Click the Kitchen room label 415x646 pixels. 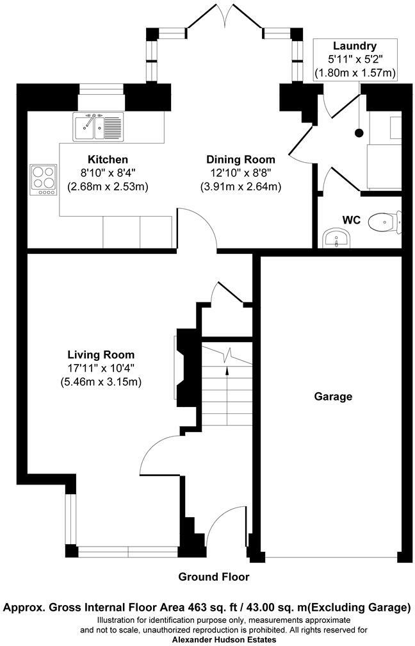tap(108, 159)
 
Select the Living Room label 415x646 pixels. tap(101, 354)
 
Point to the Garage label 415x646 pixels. tap(333, 397)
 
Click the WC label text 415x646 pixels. tap(352, 220)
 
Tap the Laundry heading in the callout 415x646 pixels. tap(354, 46)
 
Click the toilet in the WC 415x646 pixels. tap(385, 221)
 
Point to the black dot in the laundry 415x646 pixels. tap(359, 133)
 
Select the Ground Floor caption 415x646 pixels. tap(214, 577)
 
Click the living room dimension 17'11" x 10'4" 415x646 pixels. tap(101, 369)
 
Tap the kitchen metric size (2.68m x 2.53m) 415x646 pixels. tap(108, 187)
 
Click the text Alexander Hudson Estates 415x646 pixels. tap(224, 640)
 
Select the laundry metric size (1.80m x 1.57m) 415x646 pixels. tap(354, 74)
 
